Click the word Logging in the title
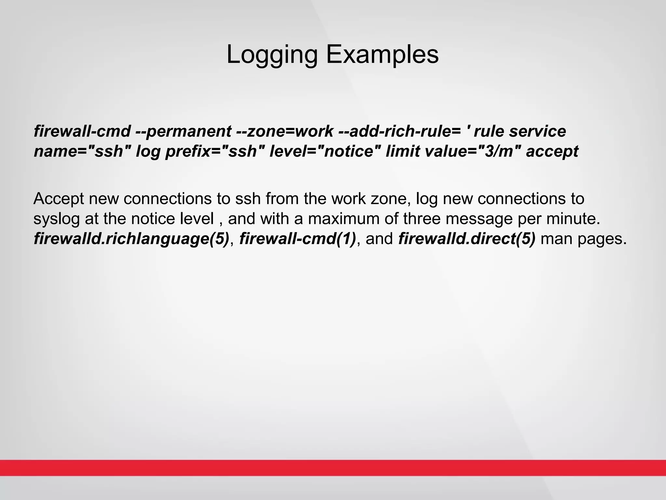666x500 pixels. pyautogui.click(x=272, y=55)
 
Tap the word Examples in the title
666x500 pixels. pyautogui.click(x=382, y=54)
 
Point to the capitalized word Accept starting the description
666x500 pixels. pyautogui.click(x=59, y=199)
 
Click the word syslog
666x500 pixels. pyautogui.click(x=56, y=219)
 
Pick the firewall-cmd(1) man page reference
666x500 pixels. pyautogui.click(x=298, y=239)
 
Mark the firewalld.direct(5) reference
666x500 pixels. pyautogui.click(x=467, y=239)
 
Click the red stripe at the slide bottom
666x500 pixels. pyautogui.click(x=333, y=468)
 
